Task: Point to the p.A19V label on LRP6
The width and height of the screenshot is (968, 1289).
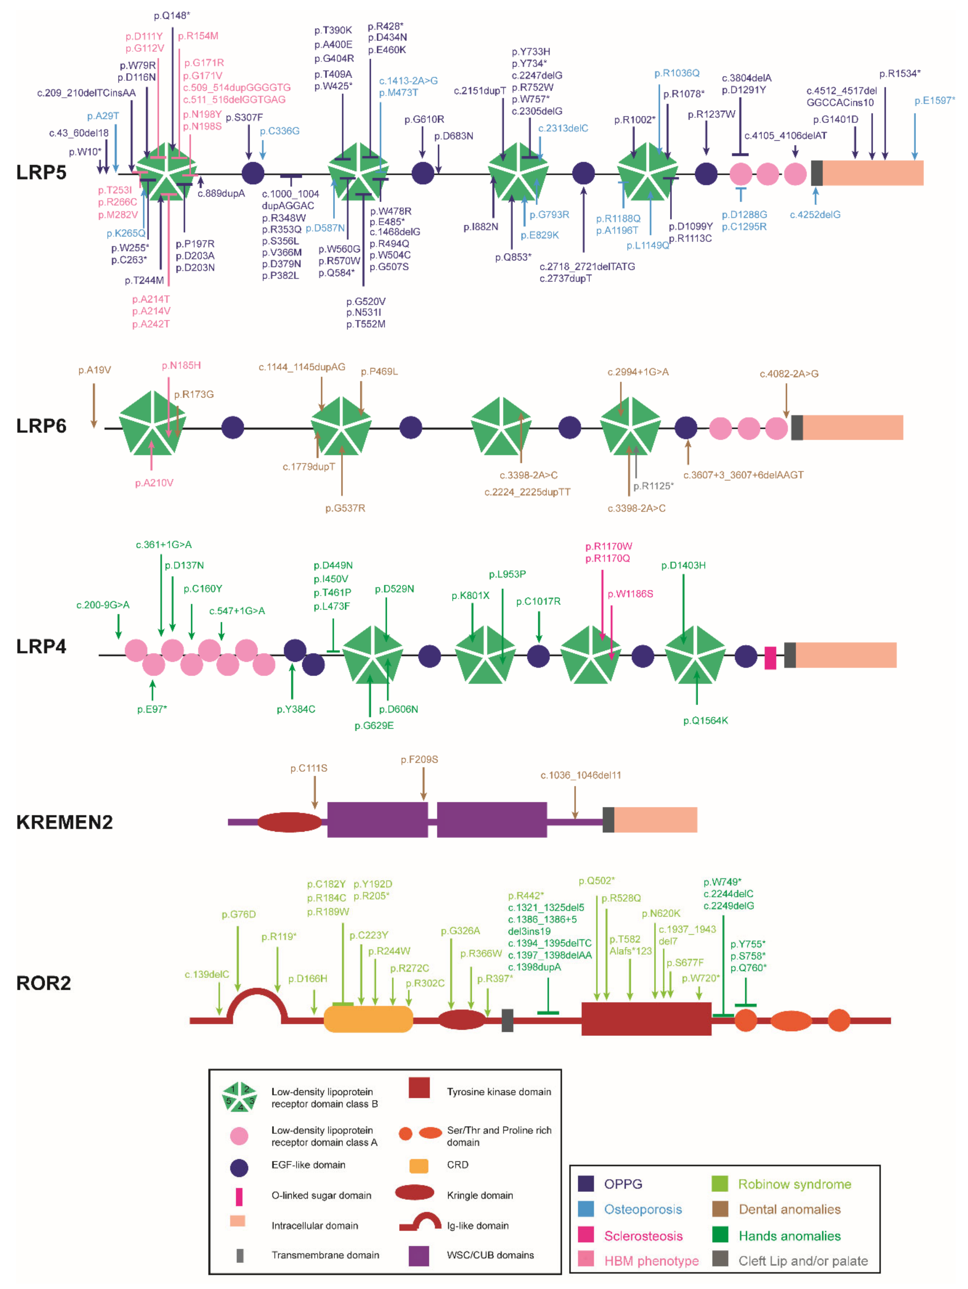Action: click(x=95, y=370)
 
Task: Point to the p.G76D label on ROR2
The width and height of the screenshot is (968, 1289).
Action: click(x=238, y=914)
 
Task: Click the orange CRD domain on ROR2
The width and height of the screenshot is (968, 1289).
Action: click(x=368, y=1019)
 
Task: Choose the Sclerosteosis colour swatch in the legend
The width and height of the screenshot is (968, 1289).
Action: click(x=585, y=1235)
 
